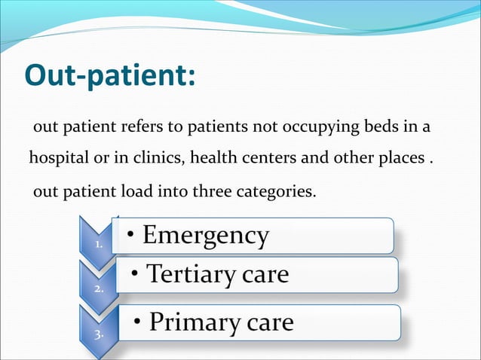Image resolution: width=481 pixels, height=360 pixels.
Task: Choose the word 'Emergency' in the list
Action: click(x=205, y=236)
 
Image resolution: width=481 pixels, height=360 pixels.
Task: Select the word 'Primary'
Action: click(x=194, y=322)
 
